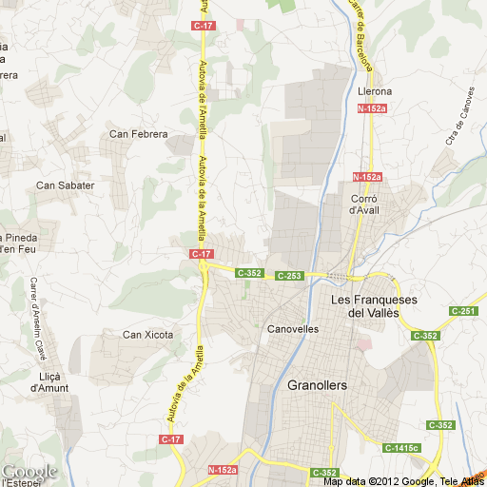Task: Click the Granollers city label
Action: [317, 385]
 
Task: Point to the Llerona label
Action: [374, 91]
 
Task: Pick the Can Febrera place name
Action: [138, 135]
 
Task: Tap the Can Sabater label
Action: [66, 185]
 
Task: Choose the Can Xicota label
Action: [148, 334]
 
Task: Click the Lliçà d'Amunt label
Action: [49, 381]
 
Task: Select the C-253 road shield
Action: [289, 276]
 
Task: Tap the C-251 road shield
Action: [463, 311]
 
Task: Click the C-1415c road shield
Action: [402, 447]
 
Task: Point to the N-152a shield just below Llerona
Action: [371, 109]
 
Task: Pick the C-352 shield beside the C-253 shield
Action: [249, 273]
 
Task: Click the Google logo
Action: [29, 472]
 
